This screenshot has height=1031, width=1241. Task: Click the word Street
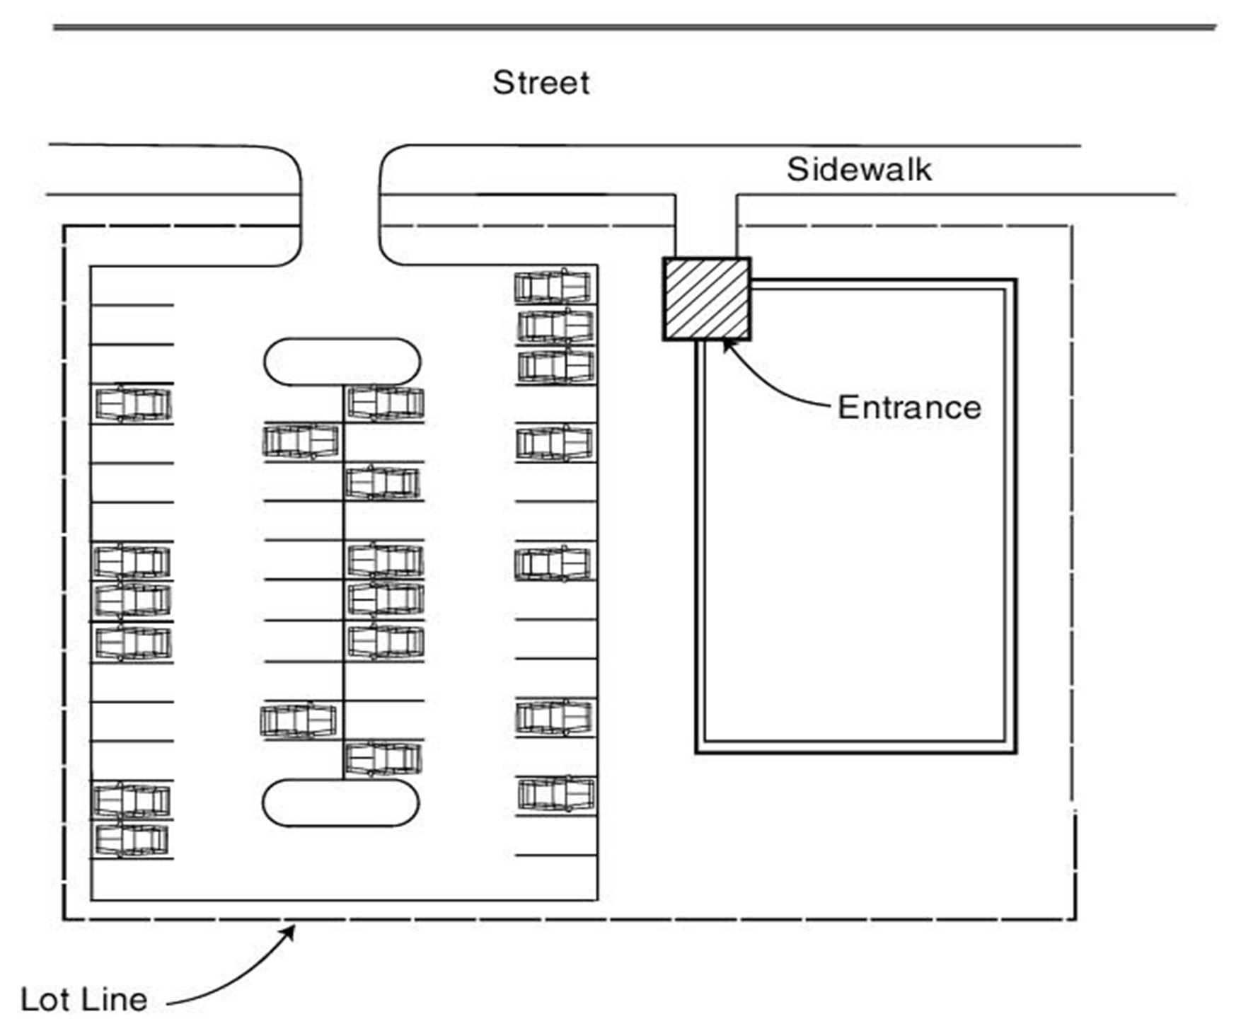click(541, 83)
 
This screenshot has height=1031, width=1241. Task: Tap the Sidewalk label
click(859, 170)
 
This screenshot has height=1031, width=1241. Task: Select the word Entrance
click(909, 408)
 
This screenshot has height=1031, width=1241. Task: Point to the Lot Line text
click(84, 1000)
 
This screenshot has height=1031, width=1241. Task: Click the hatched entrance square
click(707, 299)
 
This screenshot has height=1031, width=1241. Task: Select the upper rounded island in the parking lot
click(342, 362)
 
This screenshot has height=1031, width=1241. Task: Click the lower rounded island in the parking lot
click(341, 803)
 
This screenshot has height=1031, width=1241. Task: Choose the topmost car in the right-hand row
click(553, 287)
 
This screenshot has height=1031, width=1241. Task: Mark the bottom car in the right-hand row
click(556, 793)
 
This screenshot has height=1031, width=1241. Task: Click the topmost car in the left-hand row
click(134, 405)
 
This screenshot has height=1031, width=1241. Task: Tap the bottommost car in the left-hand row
click(132, 840)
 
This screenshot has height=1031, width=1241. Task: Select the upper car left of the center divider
click(301, 441)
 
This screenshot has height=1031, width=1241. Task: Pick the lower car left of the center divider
click(299, 720)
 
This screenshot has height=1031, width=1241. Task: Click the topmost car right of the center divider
click(386, 403)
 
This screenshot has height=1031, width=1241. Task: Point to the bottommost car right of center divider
click(383, 759)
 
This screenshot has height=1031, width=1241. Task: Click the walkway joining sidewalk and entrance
click(705, 225)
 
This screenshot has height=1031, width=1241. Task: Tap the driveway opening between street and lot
click(341, 205)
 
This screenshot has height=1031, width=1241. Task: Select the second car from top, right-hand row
click(555, 326)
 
